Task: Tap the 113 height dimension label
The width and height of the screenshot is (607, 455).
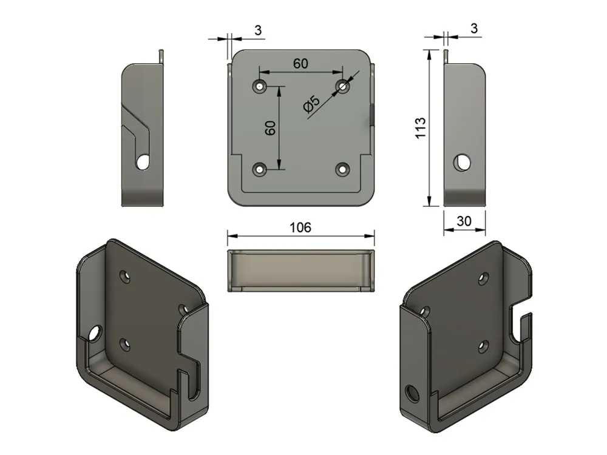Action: [420, 127]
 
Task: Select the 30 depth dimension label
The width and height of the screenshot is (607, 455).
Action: [464, 221]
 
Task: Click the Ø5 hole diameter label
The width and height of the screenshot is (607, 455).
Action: [311, 104]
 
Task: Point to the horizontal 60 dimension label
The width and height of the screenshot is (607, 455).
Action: [300, 64]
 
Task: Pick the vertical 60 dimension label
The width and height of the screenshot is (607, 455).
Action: [270, 128]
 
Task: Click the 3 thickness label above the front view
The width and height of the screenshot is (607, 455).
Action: [258, 30]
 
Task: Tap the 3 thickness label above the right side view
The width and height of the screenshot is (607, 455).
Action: [474, 29]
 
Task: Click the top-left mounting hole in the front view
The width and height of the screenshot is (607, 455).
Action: [259, 86]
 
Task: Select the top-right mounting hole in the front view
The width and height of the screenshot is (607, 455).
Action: [342, 86]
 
